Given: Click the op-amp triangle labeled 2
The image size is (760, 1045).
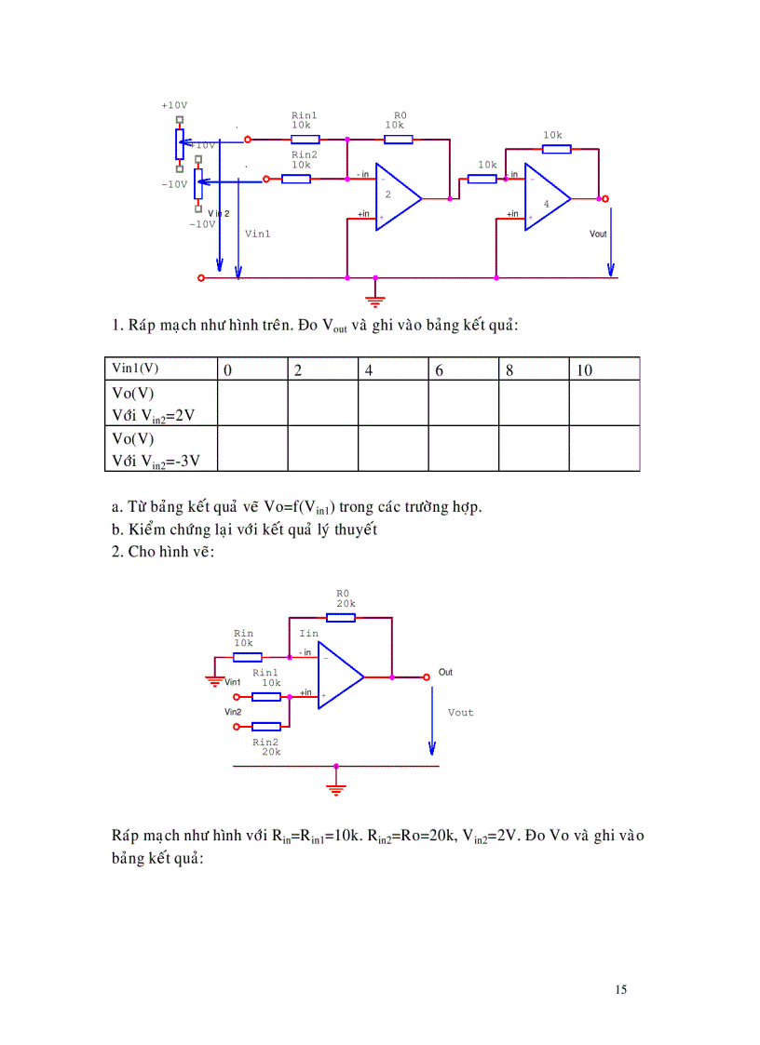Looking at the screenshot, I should pyautogui.click(x=395, y=197).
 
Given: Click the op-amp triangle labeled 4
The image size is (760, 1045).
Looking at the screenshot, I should pyautogui.click(x=545, y=197).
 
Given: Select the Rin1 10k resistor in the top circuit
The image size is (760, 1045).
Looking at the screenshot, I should pyautogui.click(x=305, y=140).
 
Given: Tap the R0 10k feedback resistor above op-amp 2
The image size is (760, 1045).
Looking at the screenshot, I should pyautogui.click(x=398, y=140).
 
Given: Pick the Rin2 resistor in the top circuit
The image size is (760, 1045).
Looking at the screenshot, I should pyautogui.click(x=296, y=178).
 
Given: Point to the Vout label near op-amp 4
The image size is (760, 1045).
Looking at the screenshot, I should pyautogui.click(x=598, y=234).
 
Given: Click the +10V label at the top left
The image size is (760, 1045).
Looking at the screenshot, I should pyautogui.click(x=174, y=106).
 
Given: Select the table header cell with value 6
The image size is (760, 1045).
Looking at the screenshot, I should pyautogui.click(x=463, y=369).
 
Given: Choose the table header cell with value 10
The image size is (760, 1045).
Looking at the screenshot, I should pyautogui.click(x=604, y=369).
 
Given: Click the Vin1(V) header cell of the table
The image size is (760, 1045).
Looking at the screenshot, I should pyautogui.click(x=160, y=369).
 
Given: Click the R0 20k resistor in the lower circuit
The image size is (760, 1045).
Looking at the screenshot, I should pyautogui.click(x=342, y=616).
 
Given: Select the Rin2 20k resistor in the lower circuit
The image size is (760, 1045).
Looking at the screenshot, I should pyautogui.click(x=266, y=726).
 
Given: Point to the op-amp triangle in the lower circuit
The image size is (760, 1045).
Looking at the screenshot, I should pyautogui.click(x=339, y=677).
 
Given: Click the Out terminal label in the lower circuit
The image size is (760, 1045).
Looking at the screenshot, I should pyautogui.click(x=445, y=672).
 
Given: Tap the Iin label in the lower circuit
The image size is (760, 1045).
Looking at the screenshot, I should pyautogui.click(x=308, y=634).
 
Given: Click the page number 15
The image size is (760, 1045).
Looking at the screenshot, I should pyautogui.click(x=621, y=989).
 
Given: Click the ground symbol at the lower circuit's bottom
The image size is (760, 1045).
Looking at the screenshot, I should pyautogui.click(x=336, y=788).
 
